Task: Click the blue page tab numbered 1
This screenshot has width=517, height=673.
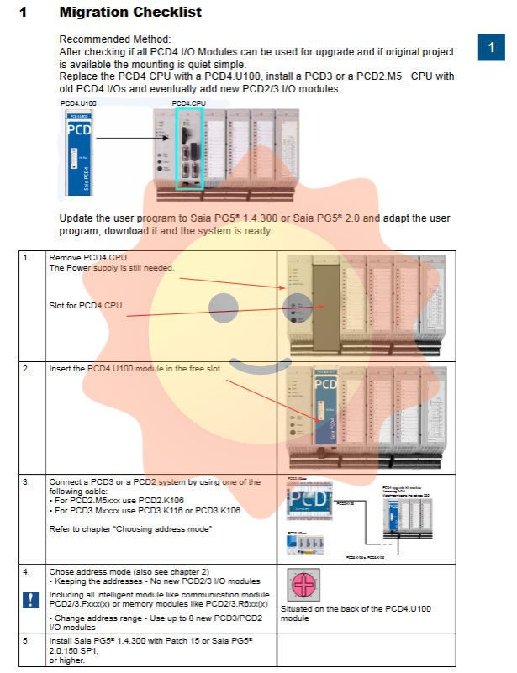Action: coord(491,48)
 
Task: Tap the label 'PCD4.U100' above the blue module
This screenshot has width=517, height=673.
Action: coord(78,103)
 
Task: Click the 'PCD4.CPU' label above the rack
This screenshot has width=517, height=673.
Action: coord(188,103)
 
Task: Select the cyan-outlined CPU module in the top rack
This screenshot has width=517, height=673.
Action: coord(188,148)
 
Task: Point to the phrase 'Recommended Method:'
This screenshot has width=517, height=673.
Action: coord(114,39)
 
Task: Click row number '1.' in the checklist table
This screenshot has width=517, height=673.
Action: coord(28,257)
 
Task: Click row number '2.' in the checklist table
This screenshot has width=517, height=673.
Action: coord(28,368)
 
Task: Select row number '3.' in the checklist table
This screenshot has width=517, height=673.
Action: coord(28,482)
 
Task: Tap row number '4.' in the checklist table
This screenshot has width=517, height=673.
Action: coord(28,571)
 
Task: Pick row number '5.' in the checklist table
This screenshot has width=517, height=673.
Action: coord(28,640)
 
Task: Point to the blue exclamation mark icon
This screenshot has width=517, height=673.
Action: coord(30,600)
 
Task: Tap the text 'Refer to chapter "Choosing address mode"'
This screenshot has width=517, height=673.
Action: coord(129,528)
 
